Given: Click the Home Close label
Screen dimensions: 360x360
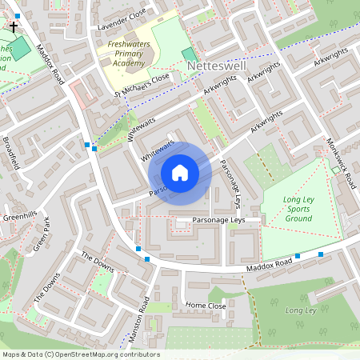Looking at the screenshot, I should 206,305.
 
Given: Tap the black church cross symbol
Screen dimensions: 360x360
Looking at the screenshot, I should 14,26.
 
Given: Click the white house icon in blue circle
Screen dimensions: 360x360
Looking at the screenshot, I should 180,172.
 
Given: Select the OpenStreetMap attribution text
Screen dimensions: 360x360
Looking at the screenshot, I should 80,354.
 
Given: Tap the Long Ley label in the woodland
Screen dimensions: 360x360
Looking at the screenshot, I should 301,310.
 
